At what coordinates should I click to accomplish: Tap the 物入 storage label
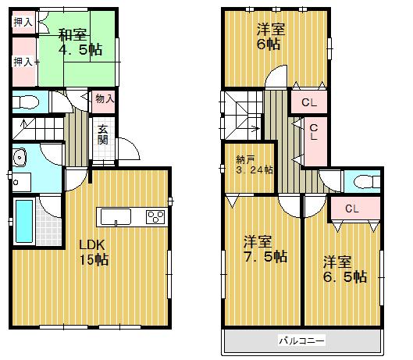105,98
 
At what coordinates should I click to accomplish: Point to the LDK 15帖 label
92,252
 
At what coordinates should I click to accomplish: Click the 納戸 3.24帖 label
255,165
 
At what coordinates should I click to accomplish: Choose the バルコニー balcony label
301,340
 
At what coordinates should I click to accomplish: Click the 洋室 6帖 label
270,37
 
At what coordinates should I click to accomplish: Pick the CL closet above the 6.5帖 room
351,209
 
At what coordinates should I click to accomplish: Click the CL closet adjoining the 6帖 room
308,102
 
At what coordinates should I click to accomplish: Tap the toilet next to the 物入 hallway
27,102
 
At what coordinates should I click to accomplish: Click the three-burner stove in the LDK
154,217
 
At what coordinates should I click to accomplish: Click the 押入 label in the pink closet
22,61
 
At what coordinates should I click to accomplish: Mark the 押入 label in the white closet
23,23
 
